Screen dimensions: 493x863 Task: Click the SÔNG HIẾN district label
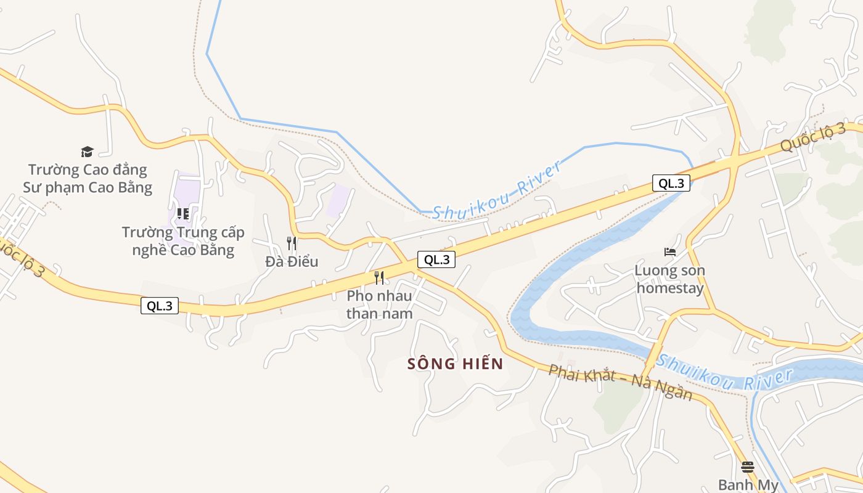coord(456,364)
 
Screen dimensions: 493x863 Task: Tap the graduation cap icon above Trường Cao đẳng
coord(87,152)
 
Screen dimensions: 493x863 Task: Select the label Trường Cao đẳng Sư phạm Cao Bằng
coord(88,178)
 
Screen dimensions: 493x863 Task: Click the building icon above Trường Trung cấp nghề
coord(182,214)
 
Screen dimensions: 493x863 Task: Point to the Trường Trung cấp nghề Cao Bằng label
coord(183,241)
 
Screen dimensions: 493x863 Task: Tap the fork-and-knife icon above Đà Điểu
coord(292,243)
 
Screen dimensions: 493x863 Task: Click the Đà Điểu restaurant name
coord(292,261)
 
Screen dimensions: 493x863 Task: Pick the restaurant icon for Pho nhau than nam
coord(379,278)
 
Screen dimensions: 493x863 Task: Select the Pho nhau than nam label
coord(379,304)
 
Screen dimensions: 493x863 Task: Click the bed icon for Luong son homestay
coord(670,252)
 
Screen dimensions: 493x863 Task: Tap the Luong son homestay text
coord(670,279)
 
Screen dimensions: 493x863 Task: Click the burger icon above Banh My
coord(748,467)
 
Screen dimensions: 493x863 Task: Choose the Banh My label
coord(748,485)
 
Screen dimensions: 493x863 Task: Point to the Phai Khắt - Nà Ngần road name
coord(620,382)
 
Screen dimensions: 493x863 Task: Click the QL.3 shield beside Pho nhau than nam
coord(436,259)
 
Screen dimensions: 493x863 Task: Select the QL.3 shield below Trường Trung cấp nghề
coord(160,306)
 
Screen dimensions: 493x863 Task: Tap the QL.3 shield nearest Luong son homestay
coord(671,183)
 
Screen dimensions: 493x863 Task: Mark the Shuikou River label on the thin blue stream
coord(497,190)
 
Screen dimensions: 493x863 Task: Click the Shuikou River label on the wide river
coord(724,372)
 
